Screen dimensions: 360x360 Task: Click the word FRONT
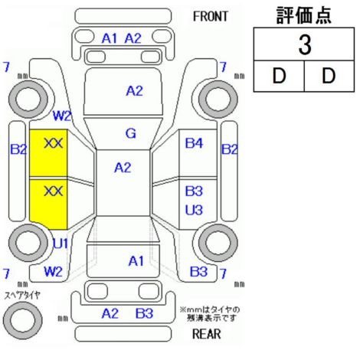(x=210, y=17)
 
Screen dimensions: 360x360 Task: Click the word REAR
(x=206, y=334)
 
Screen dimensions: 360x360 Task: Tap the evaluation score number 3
(x=305, y=45)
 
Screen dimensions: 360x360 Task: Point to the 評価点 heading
(x=304, y=15)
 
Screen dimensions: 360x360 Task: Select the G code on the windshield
(x=131, y=133)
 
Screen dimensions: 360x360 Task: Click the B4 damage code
(x=194, y=143)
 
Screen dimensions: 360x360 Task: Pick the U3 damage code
(x=194, y=210)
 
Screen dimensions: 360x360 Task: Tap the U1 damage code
(x=61, y=244)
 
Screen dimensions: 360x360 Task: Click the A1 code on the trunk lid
(x=136, y=261)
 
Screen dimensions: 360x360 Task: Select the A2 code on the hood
(x=134, y=91)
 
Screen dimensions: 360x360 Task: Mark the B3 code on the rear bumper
(x=144, y=313)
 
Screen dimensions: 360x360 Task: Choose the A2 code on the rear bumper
(x=110, y=313)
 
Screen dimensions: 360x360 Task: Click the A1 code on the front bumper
(x=110, y=39)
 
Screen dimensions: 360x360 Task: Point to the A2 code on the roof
(x=123, y=168)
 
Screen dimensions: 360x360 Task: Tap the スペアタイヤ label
(x=22, y=296)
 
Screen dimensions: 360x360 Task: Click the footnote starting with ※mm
(x=210, y=314)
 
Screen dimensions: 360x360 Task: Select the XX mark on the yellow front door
(x=54, y=143)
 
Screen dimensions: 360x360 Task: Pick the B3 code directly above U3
(x=194, y=191)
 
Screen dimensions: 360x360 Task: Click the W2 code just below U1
(x=54, y=271)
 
